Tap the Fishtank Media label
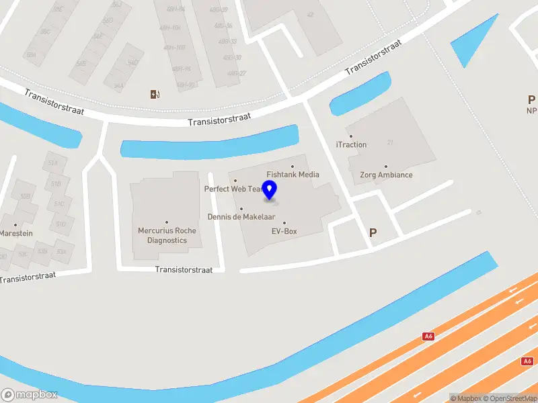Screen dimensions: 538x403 coord(293,175)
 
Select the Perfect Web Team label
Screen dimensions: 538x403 coord(233,189)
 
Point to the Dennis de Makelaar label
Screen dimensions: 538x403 coord(241,217)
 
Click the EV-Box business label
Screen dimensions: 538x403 coord(284,232)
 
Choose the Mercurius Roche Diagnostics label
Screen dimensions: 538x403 coord(167,235)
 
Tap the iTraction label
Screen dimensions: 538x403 coord(351,144)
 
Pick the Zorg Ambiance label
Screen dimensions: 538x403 coord(386,175)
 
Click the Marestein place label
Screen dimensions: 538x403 coord(16,234)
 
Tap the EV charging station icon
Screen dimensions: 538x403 coord(155,94)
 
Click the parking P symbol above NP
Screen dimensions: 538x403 coord(531,99)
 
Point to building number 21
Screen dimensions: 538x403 coord(390,142)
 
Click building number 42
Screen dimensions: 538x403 coord(310,14)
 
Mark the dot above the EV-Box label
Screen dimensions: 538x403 coord(284,223)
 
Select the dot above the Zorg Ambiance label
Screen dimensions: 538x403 coord(386,167)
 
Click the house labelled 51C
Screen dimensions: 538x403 coord(59,204)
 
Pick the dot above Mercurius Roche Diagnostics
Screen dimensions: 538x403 coord(167,222)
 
